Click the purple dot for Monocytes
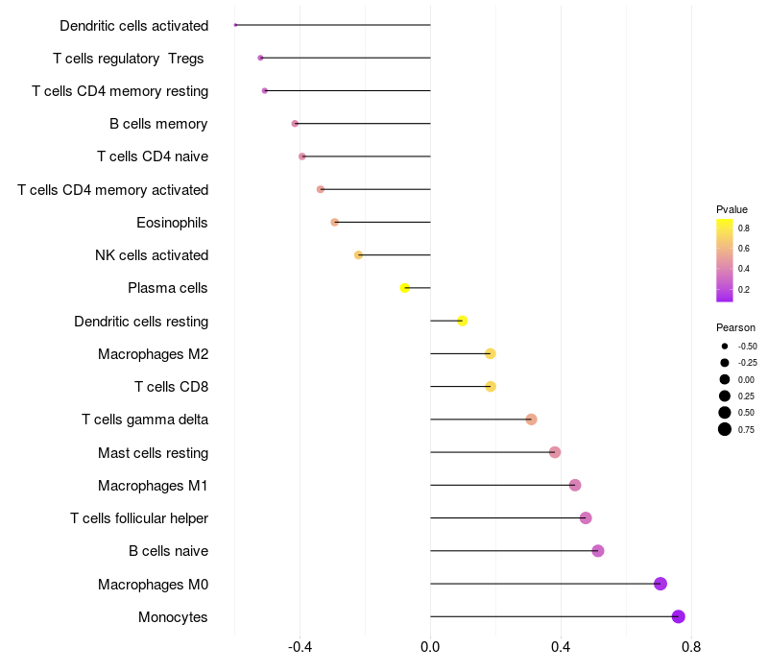[x=679, y=616]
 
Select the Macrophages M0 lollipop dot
[x=660, y=584]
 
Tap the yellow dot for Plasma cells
[x=405, y=288]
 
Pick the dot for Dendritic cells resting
[x=463, y=321]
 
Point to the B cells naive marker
[x=598, y=551]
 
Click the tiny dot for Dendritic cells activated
[x=235, y=25]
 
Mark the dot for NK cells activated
[x=359, y=255]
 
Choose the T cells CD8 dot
[x=491, y=387]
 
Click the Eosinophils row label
[x=173, y=223]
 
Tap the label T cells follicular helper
[x=139, y=518]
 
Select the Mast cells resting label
[x=153, y=453]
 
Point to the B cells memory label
[x=158, y=124]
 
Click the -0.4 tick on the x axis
[x=300, y=647]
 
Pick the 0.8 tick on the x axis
[x=690, y=647]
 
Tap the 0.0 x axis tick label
[x=430, y=647]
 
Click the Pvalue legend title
[x=732, y=209]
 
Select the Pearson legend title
[x=735, y=327]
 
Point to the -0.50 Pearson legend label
[x=747, y=347]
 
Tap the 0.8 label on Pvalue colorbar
[x=744, y=228]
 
